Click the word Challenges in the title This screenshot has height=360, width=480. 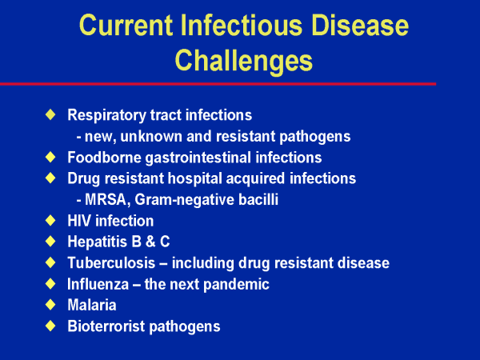244,61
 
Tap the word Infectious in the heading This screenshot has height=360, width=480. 242,25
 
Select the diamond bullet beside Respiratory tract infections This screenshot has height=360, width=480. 50,114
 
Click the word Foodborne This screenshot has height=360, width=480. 104,158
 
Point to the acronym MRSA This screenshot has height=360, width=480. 106,199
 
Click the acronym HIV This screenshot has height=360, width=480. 79,221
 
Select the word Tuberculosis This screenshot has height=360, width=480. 111,263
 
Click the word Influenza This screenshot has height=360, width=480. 98,284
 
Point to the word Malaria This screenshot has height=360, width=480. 92,306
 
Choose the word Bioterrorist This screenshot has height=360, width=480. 106,326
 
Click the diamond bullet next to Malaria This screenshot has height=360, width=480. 50,305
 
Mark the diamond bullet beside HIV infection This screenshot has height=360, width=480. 50,220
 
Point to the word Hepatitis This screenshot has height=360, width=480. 98,242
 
